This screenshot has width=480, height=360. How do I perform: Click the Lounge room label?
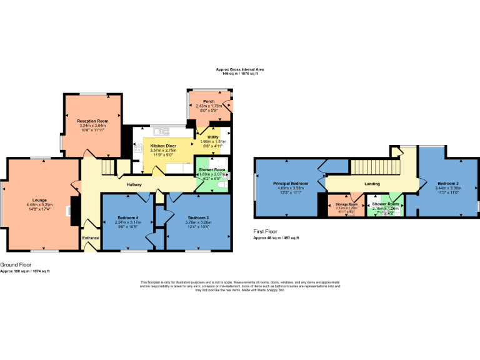40,201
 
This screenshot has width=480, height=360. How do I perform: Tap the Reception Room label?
92,120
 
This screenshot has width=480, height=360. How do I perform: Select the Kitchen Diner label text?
162,146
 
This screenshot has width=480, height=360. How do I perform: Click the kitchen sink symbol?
161,131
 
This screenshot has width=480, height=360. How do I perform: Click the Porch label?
209,101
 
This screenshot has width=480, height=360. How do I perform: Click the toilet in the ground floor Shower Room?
223,184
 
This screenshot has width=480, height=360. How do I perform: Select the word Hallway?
134,184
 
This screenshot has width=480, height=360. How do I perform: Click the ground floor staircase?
108,167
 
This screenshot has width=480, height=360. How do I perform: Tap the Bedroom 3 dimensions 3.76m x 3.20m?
198,222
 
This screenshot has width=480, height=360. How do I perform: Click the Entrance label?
90,238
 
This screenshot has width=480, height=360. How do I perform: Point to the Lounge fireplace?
74,209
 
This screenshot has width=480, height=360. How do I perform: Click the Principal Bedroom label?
290,183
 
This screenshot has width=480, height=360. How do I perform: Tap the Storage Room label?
346,204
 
